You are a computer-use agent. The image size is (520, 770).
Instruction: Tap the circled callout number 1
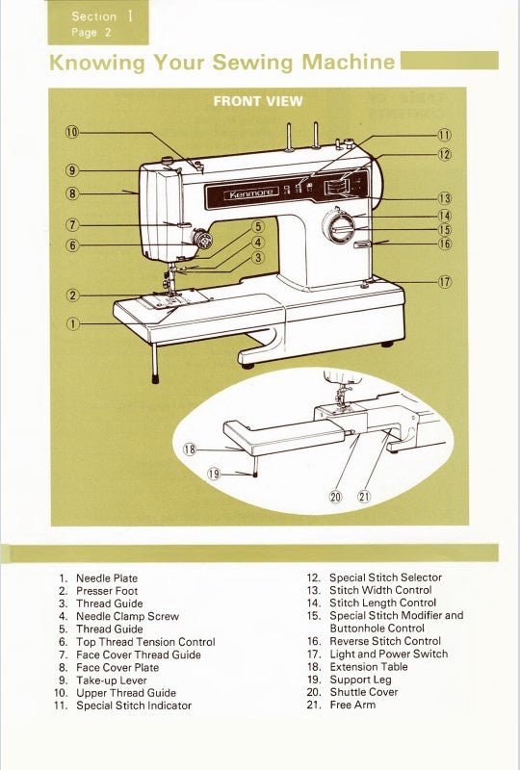(x=73, y=322)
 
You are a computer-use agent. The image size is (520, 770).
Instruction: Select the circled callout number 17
(x=445, y=282)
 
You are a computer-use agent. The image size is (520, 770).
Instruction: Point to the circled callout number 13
(x=445, y=198)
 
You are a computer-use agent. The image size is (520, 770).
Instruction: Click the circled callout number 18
(x=190, y=449)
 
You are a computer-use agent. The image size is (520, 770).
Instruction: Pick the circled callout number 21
(x=364, y=497)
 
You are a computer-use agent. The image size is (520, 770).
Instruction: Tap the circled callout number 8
(x=73, y=192)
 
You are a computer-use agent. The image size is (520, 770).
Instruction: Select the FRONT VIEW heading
(x=258, y=101)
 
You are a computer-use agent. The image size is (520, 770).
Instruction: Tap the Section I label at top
(x=94, y=16)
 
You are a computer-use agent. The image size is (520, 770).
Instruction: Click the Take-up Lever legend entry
(x=111, y=680)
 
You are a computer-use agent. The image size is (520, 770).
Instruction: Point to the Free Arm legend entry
(x=352, y=705)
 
